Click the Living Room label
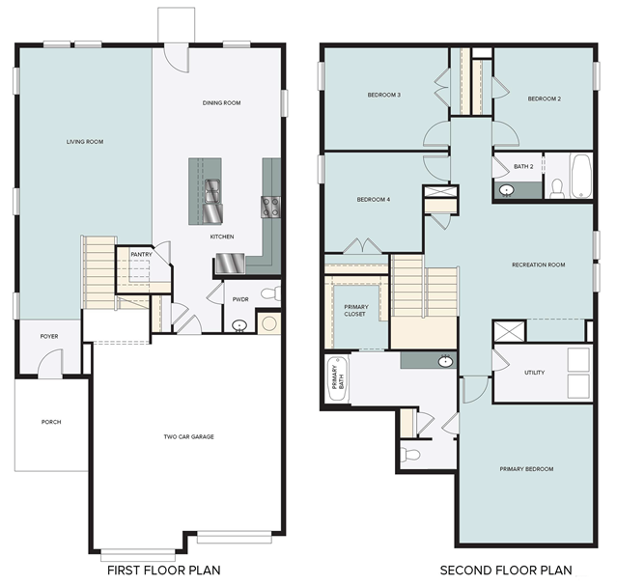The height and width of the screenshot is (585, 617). click(85, 142)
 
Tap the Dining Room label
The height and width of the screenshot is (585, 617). click(221, 103)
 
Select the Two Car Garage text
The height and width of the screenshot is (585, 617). click(189, 436)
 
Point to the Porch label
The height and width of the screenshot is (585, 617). click(51, 422)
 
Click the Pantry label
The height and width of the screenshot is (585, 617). click(141, 255)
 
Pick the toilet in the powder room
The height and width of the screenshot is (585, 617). click(271, 293)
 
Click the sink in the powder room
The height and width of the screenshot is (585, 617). click(239, 325)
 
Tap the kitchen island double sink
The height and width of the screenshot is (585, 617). click(212, 191)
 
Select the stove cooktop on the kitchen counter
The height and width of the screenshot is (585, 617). click(270, 207)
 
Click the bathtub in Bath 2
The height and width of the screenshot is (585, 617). click(581, 177)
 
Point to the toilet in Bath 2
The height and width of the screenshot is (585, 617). click(557, 189)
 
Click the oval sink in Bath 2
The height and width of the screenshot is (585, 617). click(506, 190)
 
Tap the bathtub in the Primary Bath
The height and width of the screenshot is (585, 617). click(338, 379)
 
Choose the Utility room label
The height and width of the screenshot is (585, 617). click(534, 373)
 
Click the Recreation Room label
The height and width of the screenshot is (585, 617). click(538, 265)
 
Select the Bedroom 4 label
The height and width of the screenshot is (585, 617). click(374, 200)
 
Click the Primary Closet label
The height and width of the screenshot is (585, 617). click(355, 311)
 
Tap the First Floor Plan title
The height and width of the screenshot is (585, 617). click(164, 571)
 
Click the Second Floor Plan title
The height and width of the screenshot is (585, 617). click(506, 571)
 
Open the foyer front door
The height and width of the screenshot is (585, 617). click(50, 364)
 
